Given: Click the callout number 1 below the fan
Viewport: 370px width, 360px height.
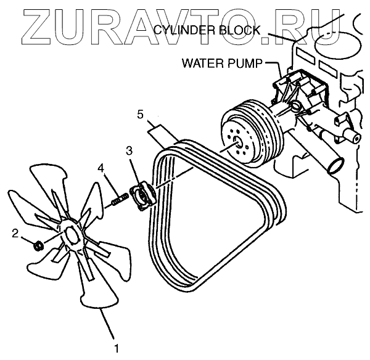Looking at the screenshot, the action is tap(115, 338).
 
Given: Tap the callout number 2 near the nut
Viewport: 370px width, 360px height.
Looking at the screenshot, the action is tap(16, 233).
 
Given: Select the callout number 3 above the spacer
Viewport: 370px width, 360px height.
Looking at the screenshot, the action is tap(128, 150).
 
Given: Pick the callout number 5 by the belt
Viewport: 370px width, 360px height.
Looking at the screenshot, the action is tap(141, 115).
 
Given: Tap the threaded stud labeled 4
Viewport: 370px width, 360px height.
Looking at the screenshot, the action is tap(118, 198).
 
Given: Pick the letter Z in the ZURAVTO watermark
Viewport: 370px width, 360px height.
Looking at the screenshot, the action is tap(28, 26).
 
